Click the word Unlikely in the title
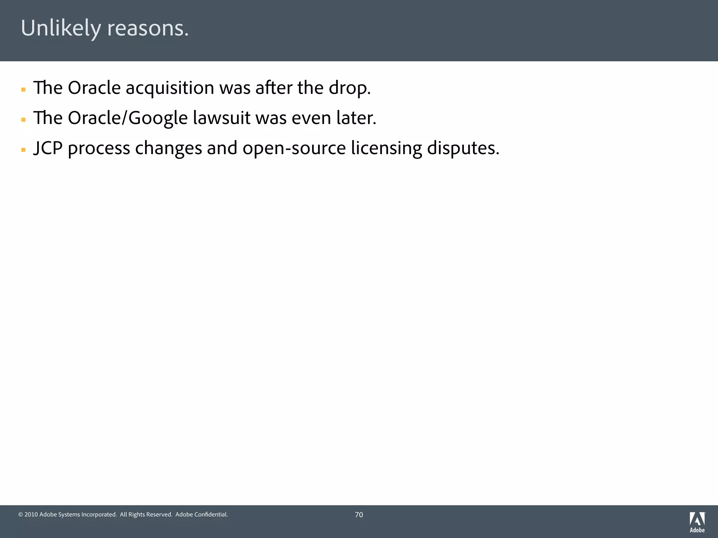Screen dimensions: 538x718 tap(61, 28)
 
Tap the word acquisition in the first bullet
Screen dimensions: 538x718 tap(170, 88)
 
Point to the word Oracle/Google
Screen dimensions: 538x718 tap(128, 118)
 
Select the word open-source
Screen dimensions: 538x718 tap(294, 148)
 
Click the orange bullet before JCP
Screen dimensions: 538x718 tap(23, 150)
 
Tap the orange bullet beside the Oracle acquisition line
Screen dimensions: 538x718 tap(23, 90)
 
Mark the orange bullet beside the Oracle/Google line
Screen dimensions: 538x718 tap(23, 120)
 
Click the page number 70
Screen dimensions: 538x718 tap(359, 515)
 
